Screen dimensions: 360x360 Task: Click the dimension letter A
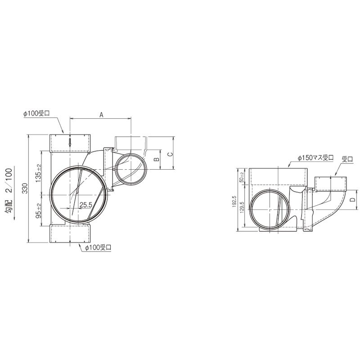point(101,115)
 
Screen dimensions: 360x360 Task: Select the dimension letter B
point(157,159)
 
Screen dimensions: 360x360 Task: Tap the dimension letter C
point(170,154)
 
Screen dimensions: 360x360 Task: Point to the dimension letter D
point(353,200)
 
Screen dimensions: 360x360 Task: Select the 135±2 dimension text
point(39,173)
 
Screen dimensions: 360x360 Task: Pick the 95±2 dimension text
point(39,211)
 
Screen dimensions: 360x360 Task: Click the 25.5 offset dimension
point(86,205)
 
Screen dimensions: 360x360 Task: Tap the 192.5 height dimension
point(234,202)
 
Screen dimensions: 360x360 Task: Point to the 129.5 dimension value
point(242,207)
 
